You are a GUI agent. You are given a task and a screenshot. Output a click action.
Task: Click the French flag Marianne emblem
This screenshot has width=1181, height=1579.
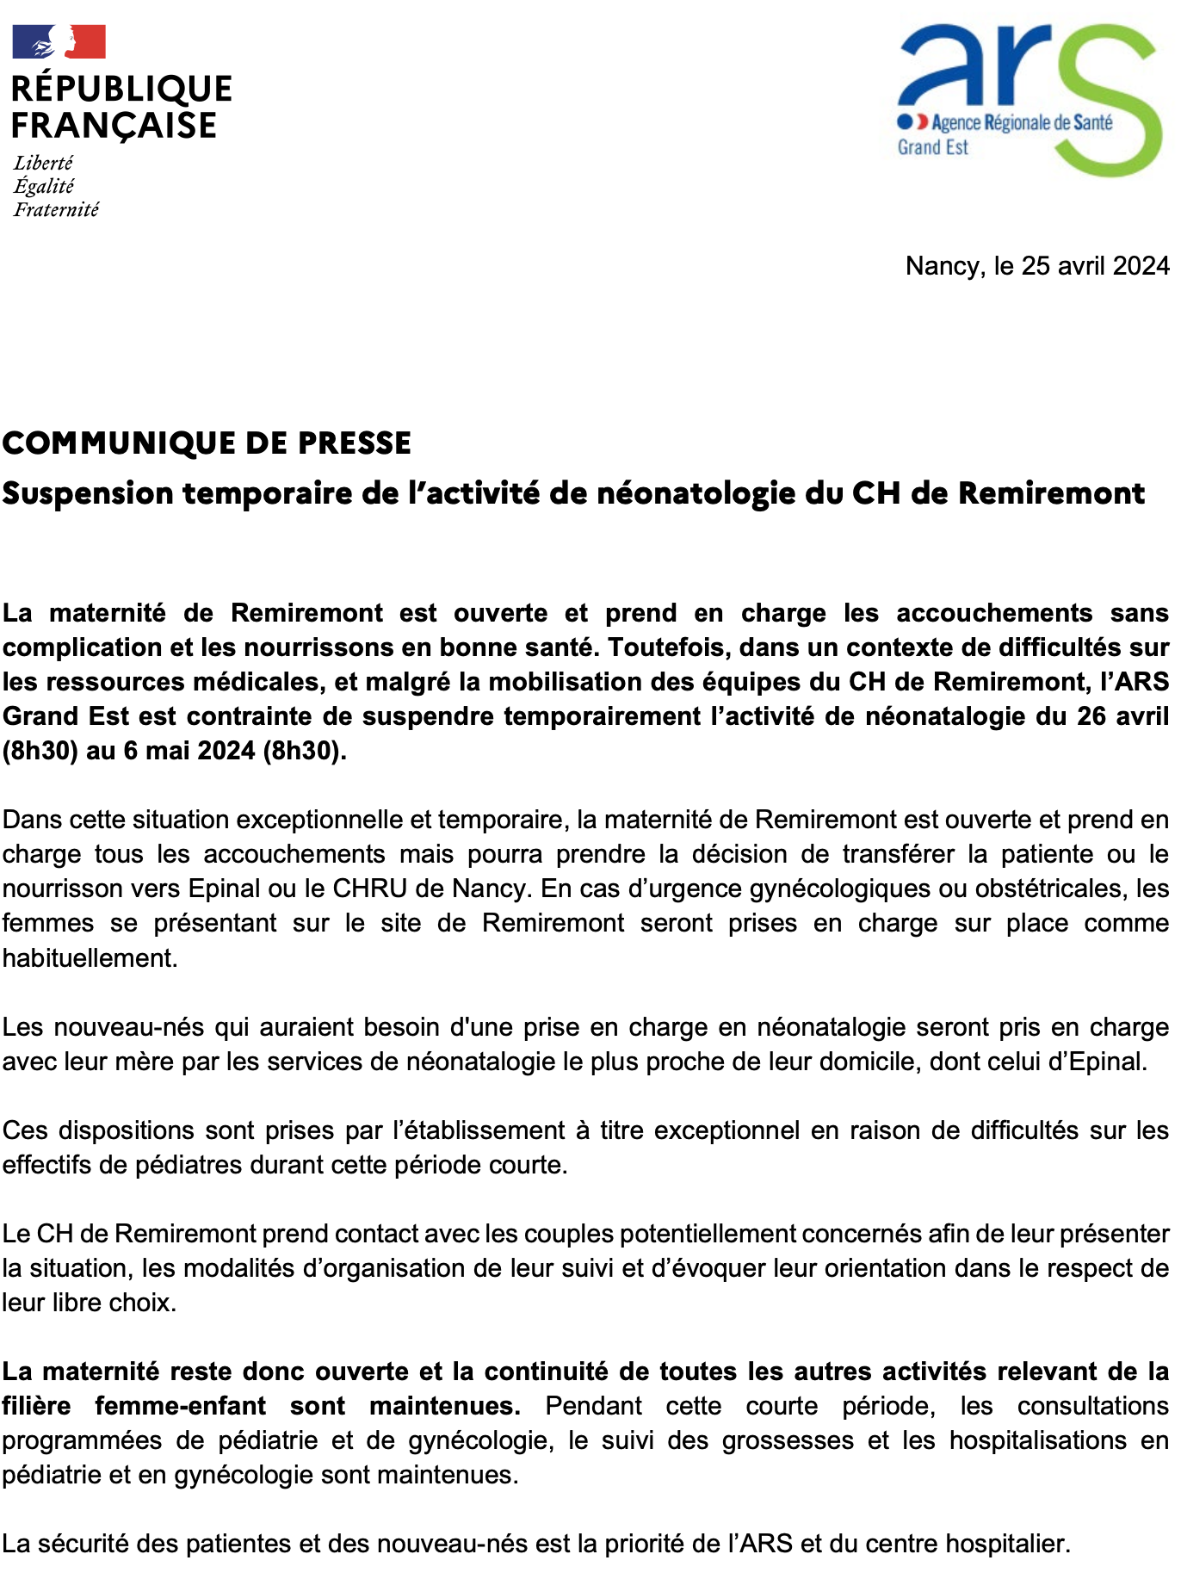pos(59,40)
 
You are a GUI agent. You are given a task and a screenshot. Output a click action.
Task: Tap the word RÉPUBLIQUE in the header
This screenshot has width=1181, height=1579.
pos(121,89)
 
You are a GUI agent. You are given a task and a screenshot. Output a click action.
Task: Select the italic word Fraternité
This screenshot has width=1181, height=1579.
pos(56,209)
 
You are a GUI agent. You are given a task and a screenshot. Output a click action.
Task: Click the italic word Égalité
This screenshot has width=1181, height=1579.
pos(44,186)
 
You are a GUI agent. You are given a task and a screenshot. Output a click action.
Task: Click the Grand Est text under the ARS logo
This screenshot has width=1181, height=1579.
pos(932,147)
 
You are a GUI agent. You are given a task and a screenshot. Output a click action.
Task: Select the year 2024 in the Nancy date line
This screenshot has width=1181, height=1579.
pos(1141,266)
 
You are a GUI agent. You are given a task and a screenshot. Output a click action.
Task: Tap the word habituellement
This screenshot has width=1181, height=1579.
pos(90,958)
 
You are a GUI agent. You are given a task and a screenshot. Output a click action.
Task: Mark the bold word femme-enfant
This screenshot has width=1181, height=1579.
pos(180,1406)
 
